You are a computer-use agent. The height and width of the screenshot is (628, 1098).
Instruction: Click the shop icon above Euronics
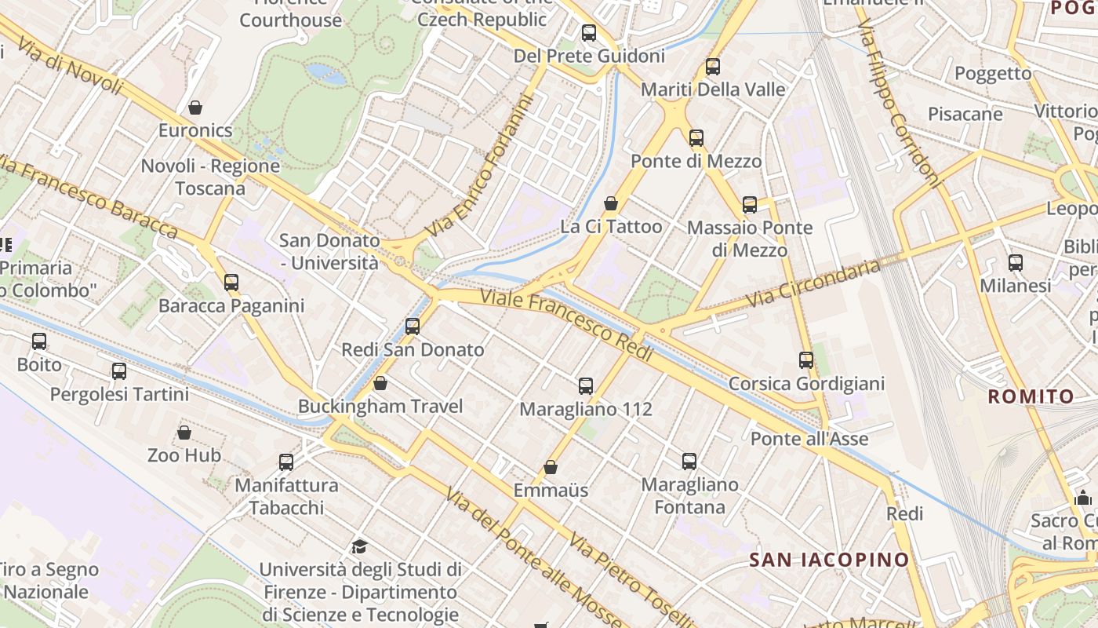195,107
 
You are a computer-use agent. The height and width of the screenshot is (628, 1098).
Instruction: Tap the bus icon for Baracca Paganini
231,282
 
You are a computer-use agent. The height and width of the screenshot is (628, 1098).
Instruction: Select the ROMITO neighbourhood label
1031,396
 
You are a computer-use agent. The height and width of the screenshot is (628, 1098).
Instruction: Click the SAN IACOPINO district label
829,560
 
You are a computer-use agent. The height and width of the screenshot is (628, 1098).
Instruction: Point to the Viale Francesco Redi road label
566,326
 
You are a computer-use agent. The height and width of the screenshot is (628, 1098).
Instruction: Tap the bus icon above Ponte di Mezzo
696,138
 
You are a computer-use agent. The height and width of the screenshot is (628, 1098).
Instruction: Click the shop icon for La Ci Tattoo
611,203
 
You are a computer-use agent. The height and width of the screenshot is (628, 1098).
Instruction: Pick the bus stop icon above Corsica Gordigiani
806,360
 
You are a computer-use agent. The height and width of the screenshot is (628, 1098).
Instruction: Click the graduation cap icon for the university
359,546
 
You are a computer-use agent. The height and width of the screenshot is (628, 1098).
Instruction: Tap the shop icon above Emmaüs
551,467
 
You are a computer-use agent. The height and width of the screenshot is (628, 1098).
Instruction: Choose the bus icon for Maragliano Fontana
689,462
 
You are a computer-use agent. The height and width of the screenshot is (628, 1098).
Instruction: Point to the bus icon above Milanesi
1016,263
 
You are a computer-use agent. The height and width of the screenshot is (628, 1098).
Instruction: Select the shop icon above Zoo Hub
184,433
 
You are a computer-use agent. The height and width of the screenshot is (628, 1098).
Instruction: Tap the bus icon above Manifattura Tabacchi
286,462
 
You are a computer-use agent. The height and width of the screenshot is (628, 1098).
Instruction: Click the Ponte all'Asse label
809,438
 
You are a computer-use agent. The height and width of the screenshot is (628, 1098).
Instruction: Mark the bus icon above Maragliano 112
586,385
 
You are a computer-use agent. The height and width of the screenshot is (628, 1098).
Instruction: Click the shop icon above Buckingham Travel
380,383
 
